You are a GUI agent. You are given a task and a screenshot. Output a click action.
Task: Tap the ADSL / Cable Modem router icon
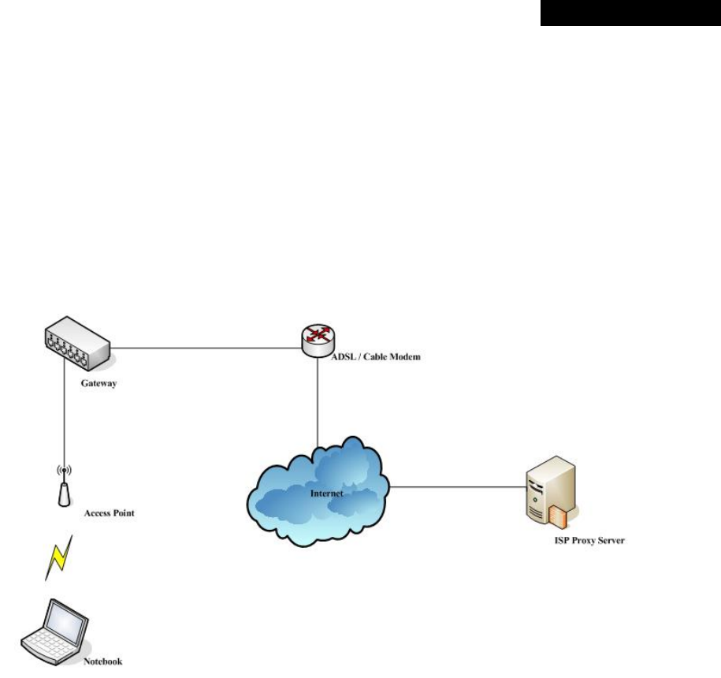tap(318, 337)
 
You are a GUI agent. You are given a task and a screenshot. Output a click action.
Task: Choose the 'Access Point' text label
tap(109, 513)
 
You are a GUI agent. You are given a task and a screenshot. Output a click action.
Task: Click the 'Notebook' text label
tap(103, 661)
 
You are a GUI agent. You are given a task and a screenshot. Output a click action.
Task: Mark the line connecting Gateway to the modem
tap(205, 348)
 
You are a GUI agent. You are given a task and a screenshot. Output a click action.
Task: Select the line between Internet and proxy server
tap(457, 486)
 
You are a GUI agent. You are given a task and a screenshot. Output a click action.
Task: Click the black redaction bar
tap(630, 13)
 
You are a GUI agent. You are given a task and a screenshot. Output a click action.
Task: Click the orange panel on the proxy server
tap(557, 516)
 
